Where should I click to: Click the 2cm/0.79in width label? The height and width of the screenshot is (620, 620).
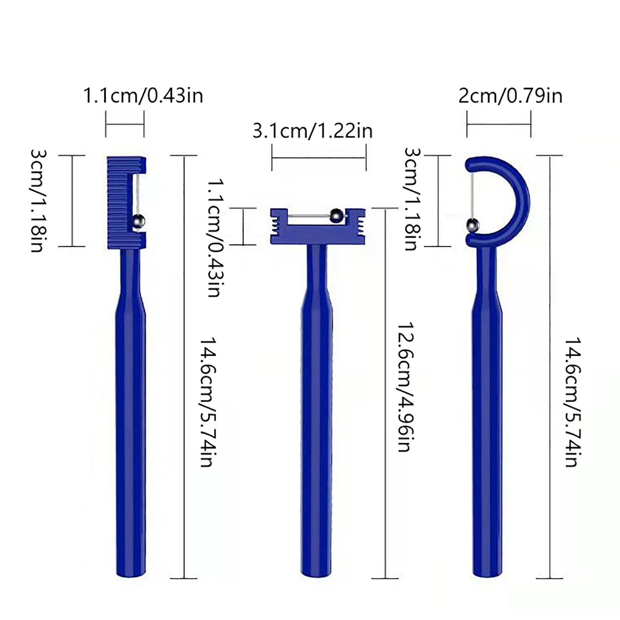click(x=510, y=96)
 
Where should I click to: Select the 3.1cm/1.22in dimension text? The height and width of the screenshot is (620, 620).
click(x=312, y=131)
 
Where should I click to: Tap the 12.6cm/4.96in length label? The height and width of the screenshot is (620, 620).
click(x=404, y=386)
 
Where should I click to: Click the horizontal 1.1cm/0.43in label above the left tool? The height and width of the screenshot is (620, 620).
click(x=143, y=96)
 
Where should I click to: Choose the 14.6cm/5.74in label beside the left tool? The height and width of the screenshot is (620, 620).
click(x=208, y=402)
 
